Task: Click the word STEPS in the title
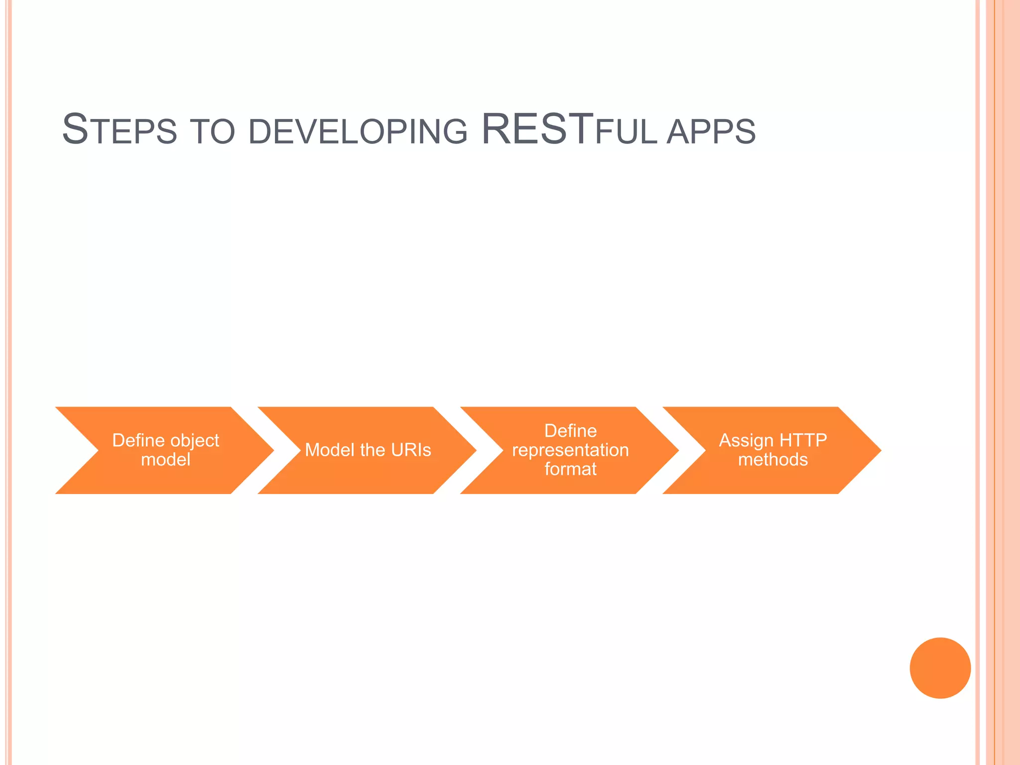point(120,130)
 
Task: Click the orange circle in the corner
point(940,668)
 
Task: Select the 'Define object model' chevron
point(164,450)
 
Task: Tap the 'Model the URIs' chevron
point(368,450)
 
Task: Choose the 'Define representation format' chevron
point(570,450)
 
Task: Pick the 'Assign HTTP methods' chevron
point(772,450)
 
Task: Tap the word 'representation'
point(570,450)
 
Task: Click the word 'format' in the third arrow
point(570,469)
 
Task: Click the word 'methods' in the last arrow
point(772,460)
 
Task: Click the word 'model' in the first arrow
point(165,460)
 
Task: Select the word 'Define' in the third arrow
point(570,431)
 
